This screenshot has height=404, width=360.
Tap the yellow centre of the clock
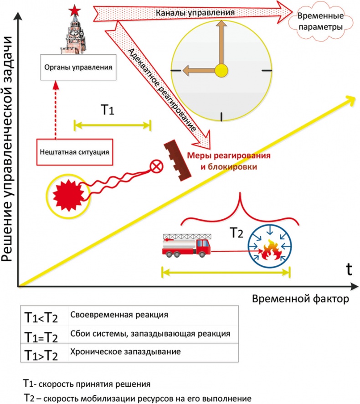tap(221, 70)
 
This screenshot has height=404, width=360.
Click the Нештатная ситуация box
tap(74, 150)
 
